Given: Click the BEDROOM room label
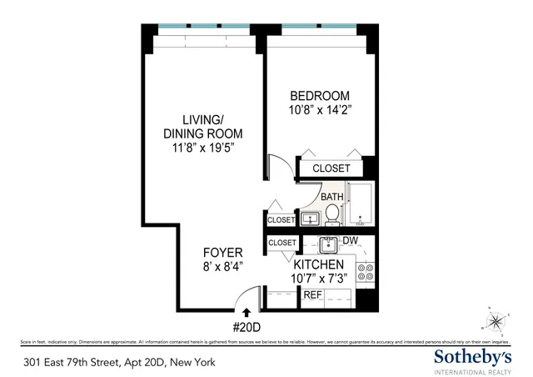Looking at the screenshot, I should tap(321, 96).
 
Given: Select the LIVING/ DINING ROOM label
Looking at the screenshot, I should tap(202, 126).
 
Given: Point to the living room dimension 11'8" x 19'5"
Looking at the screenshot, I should tap(202, 149).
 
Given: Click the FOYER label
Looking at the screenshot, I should tap(222, 253).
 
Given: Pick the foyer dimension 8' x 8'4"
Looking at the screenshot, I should tap(222, 268).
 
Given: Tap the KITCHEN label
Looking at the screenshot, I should tap(319, 264).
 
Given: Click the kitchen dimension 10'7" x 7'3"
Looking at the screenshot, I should tap(319, 278).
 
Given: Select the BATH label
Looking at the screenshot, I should tap(332, 198).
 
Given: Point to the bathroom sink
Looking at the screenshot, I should tap(310, 219).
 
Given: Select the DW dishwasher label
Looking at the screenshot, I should tap(351, 242).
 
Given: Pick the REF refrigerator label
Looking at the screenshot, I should tap(312, 295).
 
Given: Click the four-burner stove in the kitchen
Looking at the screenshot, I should tap(365, 271).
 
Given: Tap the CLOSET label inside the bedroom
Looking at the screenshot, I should tap(331, 169).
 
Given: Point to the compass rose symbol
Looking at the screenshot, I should tap(497, 319).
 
